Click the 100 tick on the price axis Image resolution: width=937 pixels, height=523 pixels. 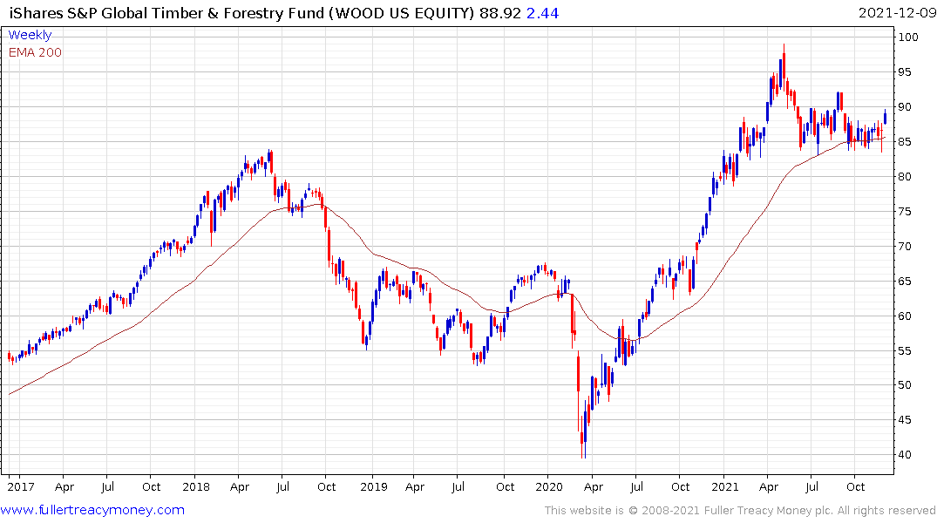click(910, 37)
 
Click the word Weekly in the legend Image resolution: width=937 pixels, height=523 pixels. click(30, 35)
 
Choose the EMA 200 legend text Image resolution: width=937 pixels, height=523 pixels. click(35, 52)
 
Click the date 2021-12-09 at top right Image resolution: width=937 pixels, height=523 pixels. click(894, 13)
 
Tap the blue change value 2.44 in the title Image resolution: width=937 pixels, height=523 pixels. click(543, 13)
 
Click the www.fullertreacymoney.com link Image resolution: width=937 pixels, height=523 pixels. click(94, 510)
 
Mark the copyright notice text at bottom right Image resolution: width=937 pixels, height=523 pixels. click(740, 511)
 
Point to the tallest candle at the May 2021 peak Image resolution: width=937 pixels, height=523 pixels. click(784, 66)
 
